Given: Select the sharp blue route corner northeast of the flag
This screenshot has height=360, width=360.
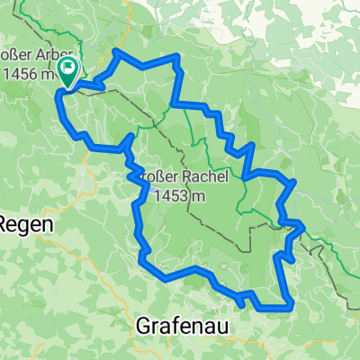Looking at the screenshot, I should (x=116, y=52).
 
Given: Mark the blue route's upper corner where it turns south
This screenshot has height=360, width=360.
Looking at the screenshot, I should (x=178, y=58).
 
